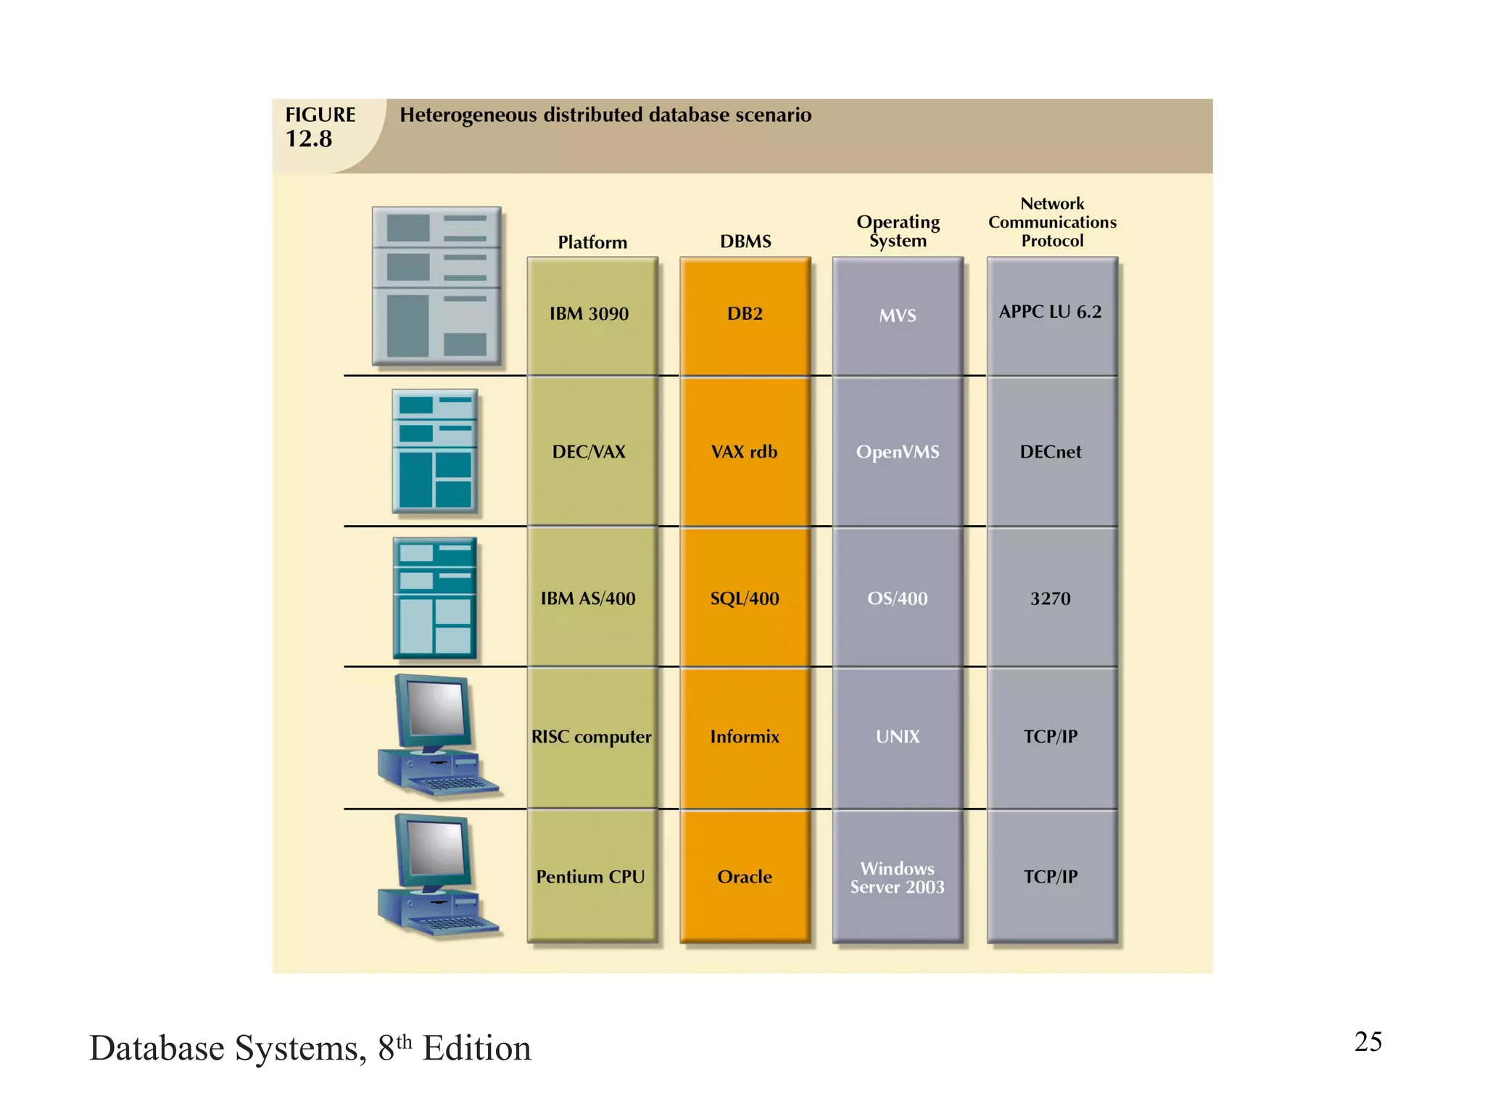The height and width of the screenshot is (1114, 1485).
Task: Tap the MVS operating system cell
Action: (x=898, y=315)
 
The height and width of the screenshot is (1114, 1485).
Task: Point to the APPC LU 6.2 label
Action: (x=1050, y=312)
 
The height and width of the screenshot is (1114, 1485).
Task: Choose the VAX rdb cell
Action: (x=744, y=452)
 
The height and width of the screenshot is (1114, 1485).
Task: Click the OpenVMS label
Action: (x=898, y=452)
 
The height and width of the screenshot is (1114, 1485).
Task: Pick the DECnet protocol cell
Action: (x=1050, y=452)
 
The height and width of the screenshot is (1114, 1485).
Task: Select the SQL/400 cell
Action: (x=745, y=598)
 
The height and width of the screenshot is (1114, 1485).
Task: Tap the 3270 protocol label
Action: (x=1050, y=598)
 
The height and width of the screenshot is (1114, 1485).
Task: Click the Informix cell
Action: (x=745, y=737)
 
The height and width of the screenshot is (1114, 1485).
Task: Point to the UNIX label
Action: (x=898, y=737)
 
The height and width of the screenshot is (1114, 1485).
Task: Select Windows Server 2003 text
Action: (x=898, y=878)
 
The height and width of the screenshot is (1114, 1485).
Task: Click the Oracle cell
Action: (x=745, y=877)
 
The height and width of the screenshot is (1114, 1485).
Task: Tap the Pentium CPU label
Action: (x=590, y=877)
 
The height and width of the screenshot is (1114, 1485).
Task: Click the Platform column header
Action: (x=592, y=242)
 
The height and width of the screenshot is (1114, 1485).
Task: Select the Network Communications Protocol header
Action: (x=1052, y=222)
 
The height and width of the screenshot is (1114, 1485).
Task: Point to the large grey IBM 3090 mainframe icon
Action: (x=437, y=286)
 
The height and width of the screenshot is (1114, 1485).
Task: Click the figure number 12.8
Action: (x=309, y=139)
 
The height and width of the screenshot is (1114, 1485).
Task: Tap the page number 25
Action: (x=1368, y=1041)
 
